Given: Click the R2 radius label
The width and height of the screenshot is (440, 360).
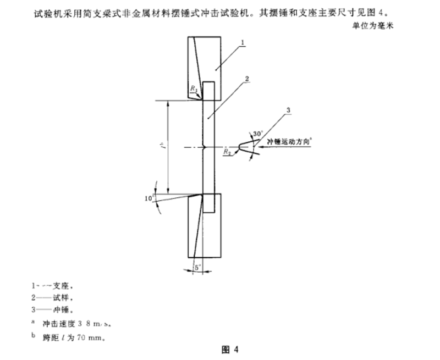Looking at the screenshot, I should click(x=227, y=152).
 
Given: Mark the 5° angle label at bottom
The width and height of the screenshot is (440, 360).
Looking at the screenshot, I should click(x=197, y=267).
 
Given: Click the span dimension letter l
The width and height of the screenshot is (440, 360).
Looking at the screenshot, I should click(x=158, y=147).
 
